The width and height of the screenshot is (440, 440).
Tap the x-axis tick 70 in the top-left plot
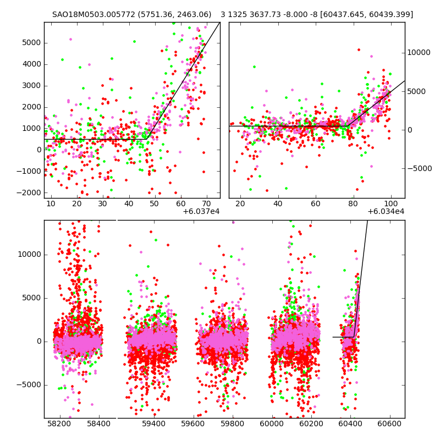point(206,204)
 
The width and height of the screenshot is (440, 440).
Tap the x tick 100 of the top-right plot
point(391,204)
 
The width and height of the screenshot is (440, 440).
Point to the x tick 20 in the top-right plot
point(240,204)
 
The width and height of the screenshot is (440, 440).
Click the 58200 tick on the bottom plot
point(59,424)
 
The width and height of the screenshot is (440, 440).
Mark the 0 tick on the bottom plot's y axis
point(38,342)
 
